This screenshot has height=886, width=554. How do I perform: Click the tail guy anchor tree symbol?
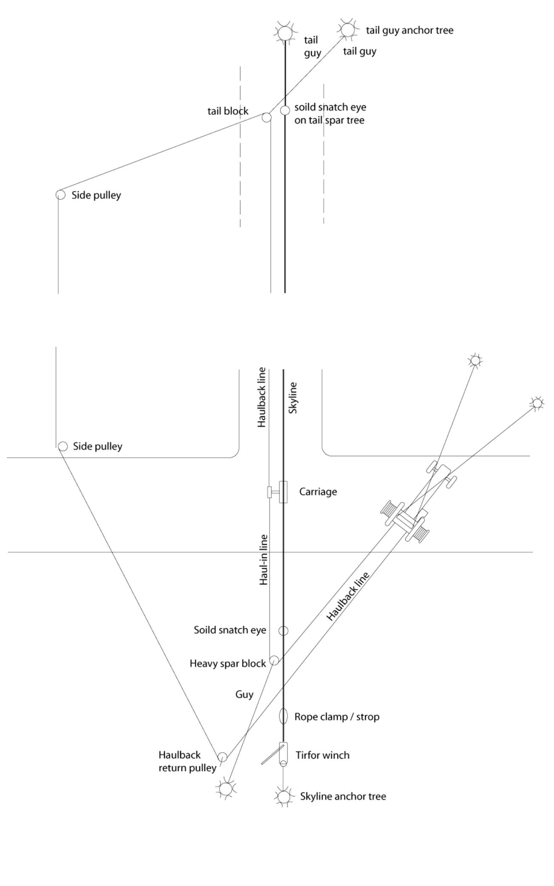coord(348,30)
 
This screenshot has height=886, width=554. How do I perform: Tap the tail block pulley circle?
coord(266,117)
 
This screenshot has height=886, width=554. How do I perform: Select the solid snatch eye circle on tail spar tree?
coord(285,110)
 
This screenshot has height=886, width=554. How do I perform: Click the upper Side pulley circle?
coord(61,195)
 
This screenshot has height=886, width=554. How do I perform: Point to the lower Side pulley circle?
coord(63,446)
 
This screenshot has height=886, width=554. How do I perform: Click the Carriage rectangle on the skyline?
coord(283,492)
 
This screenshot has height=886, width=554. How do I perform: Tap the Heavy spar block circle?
coord(274,660)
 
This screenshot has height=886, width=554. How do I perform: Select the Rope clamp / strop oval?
coord(283,717)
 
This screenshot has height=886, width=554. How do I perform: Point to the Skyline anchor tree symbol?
coord(283,796)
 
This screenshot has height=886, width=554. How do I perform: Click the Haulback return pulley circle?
coord(222,757)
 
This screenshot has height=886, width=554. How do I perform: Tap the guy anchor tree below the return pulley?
coord(226,789)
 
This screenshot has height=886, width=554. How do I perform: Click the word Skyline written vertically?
coord(293,398)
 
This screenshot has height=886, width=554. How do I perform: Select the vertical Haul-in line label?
coord(264,560)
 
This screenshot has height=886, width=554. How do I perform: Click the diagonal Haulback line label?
coord(348,596)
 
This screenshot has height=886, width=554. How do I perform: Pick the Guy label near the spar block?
coord(244,694)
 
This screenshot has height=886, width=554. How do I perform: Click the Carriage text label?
coord(318,492)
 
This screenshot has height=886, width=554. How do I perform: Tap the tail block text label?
coord(228,111)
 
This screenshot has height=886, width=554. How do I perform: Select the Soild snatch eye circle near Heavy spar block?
coord(283,631)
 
